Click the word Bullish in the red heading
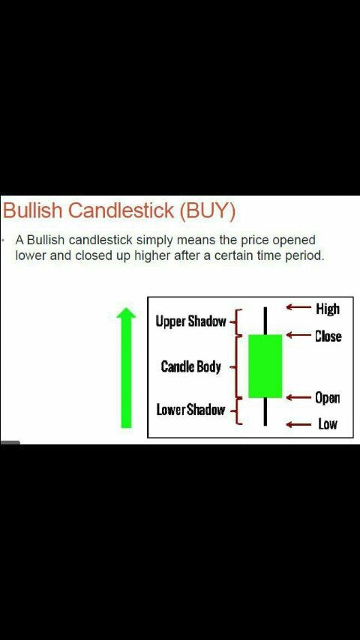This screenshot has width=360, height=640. [x=33, y=210]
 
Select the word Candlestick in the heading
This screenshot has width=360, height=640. [x=121, y=210]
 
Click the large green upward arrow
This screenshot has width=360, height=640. [x=126, y=368]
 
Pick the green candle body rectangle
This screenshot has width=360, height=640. [x=265, y=366]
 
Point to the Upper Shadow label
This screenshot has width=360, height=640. [x=190, y=321]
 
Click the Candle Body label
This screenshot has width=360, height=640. [x=190, y=366]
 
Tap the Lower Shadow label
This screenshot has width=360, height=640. [x=190, y=410]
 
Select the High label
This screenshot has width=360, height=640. [x=328, y=309]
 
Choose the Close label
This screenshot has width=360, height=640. [x=328, y=336]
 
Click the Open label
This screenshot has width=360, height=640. [x=327, y=398]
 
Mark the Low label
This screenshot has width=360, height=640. [x=328, y=424]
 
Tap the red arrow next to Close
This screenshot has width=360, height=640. [x=298, y=336]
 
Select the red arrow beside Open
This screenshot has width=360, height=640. [x=298, y=397]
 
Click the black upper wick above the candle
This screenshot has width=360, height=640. [x=265, y=321]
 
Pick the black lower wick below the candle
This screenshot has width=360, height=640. [x=265, y=411]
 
